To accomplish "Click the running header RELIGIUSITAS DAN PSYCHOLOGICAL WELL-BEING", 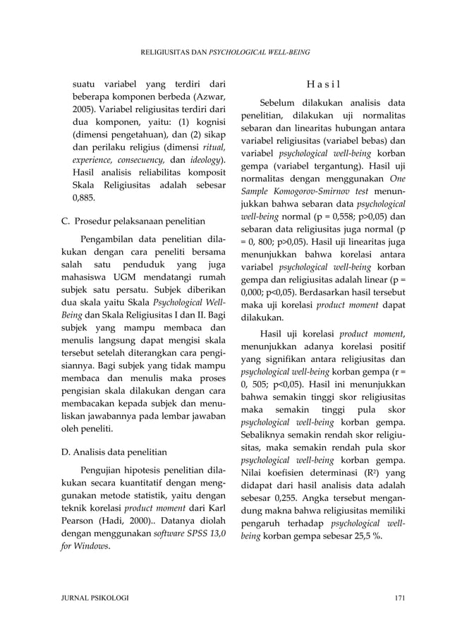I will coord(225,52).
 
